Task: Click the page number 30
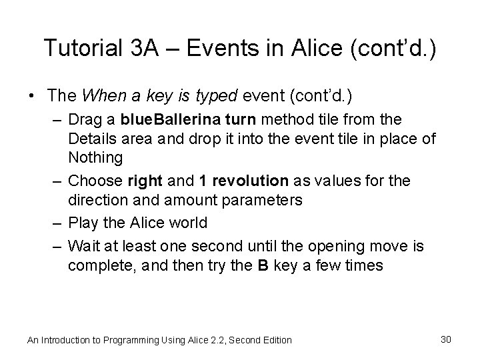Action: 447,339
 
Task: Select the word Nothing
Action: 95,158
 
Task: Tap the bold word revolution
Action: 255,181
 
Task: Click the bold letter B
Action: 263,265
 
